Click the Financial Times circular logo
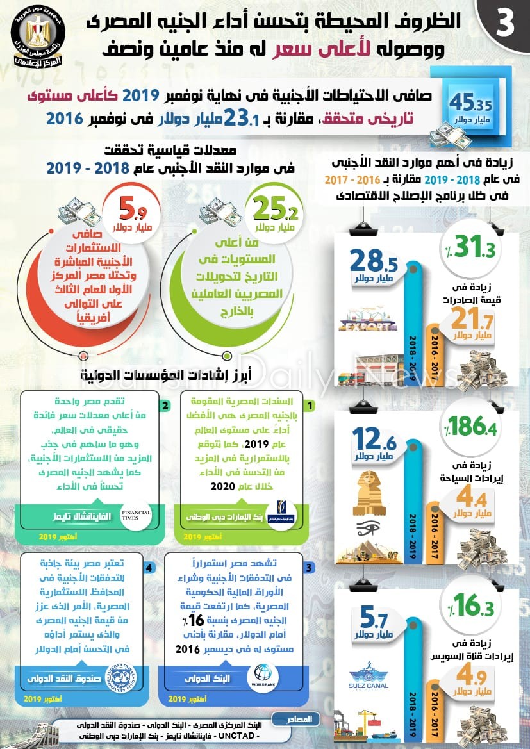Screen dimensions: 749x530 tap(135, 516)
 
